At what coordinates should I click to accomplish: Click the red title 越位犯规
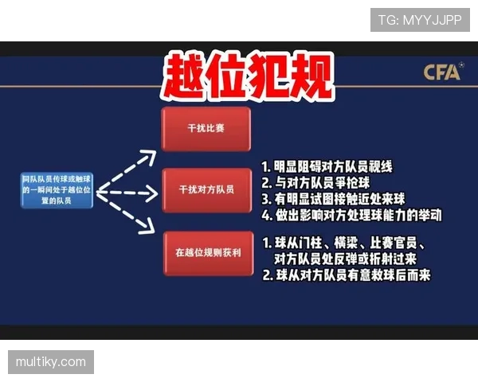point(246,78)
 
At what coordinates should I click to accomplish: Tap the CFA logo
point(441,72)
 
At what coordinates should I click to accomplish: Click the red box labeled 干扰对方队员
point(206,190)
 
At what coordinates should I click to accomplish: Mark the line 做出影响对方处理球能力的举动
point(351,215)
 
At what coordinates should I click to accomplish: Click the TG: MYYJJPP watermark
point(420,19)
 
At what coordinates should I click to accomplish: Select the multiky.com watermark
point(51,362)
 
